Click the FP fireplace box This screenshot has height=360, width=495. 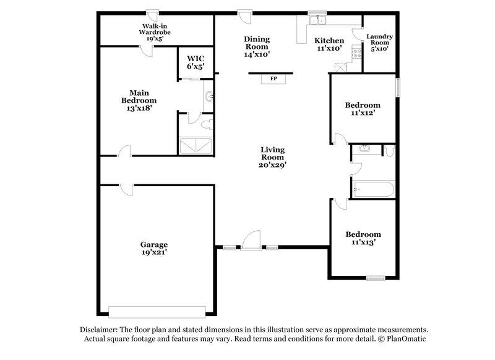273,79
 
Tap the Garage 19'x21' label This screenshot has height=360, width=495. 153,248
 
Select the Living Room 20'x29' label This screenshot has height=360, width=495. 272,157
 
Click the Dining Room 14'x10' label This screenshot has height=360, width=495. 256,46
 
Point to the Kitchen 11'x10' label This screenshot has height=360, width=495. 329,43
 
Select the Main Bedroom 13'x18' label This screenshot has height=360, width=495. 139,100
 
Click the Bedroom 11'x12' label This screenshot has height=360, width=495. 363,109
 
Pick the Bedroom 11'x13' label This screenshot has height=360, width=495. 363,238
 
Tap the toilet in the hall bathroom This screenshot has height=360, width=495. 389,150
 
